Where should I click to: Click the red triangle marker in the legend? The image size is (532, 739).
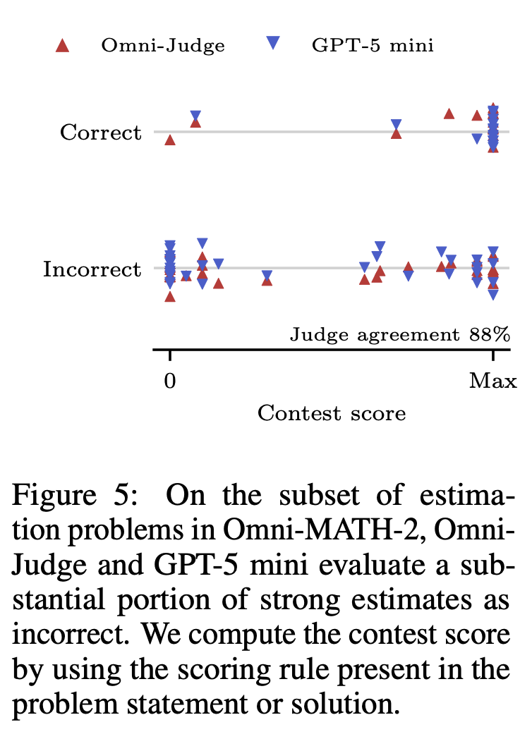[62, 47]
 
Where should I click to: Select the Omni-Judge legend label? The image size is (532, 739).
[163, 46]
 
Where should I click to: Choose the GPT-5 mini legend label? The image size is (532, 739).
[373, 46]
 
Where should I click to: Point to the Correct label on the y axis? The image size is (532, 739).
[100, 133]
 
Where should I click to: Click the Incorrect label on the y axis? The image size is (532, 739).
[92, 269]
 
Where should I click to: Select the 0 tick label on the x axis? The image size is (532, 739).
[169, 381]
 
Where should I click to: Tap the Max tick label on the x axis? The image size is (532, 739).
[492, 381]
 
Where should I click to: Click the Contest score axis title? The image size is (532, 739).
[332, 413]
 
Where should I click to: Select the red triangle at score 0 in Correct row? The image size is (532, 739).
[169, 140]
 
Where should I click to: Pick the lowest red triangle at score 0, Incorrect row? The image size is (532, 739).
[169, 296]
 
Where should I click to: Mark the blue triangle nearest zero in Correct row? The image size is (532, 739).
[195, 116]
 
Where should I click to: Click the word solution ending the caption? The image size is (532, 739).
[342, 704]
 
